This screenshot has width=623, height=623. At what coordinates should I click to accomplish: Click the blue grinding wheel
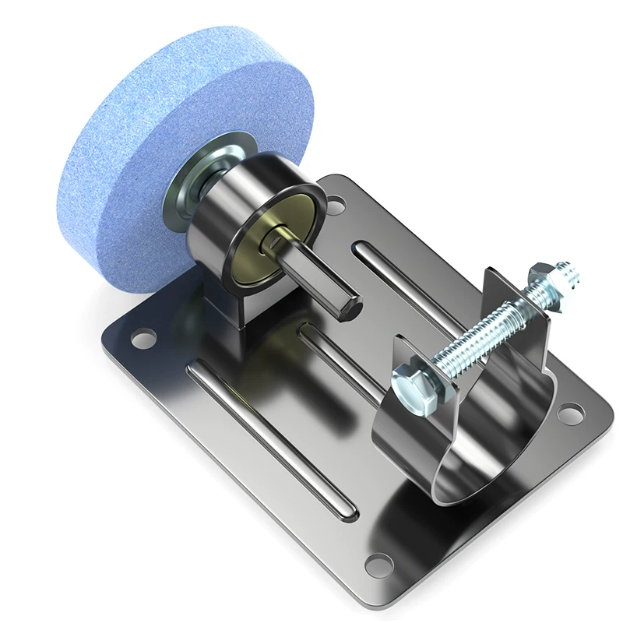click(117, 156)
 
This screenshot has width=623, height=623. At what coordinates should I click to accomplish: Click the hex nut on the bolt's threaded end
click(539, 278)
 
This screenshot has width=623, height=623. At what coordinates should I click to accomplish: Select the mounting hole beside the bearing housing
click(335, 206)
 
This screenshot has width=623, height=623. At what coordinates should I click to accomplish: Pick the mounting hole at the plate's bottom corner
click(377, 561)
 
